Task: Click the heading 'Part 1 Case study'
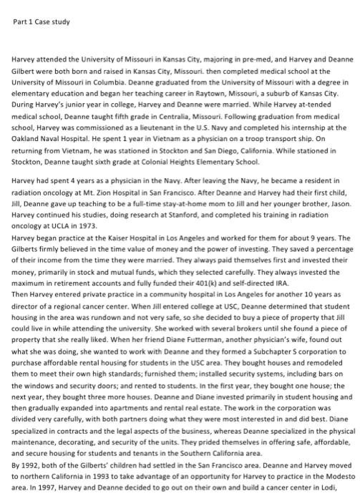tap(42, 21)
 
